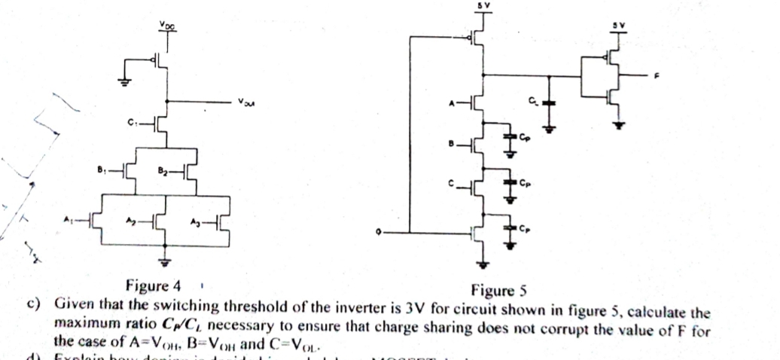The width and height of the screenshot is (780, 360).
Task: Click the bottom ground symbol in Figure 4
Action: point(163,261)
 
